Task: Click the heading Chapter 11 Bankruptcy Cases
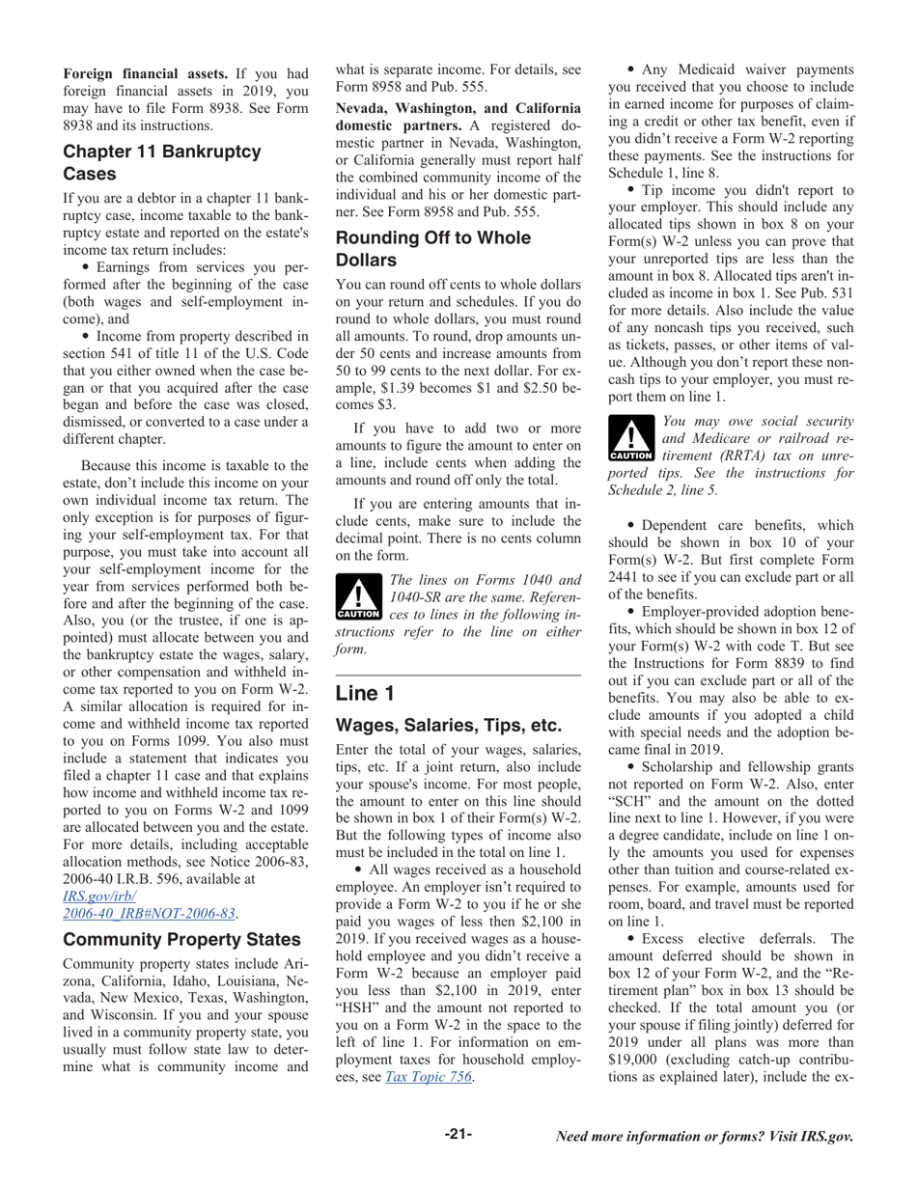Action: (x=161, y=163)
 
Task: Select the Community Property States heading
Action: (x=181, y=939)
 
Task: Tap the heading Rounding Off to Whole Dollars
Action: (x=432, y=249)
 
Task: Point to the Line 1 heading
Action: (x=365, y=693)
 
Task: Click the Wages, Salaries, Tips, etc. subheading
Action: (x=448, y=725)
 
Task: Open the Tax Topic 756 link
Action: (x=429, y=1077)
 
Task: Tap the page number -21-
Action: (x=458, y=1134)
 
